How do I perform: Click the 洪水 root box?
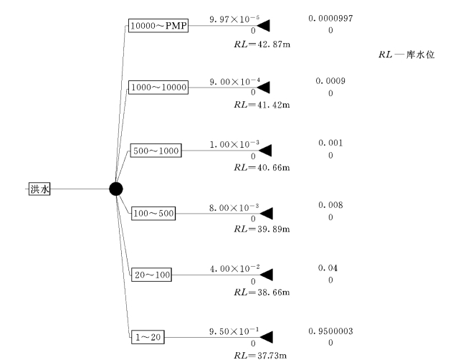coord(39,189)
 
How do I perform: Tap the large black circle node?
coord(116,189)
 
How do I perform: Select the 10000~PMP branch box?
coord(158,27)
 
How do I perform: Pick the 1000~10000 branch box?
coord(158,87)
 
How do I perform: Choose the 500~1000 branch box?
coord(156,151)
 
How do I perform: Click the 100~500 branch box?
coord(153,213)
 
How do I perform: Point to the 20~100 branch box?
coord(152,274)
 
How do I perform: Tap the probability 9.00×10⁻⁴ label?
coord(234,82)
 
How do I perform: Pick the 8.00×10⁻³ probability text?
coord(234,207)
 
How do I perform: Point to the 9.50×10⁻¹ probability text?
coord(234,331)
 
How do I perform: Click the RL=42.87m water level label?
coord(257,44)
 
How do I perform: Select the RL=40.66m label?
coord(257,168)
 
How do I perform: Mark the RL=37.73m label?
coord(257,354)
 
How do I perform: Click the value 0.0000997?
coord(330,18)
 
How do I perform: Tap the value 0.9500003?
coord(330,331)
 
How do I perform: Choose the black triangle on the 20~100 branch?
coord(264,275)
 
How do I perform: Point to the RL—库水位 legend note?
coord(406,55)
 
